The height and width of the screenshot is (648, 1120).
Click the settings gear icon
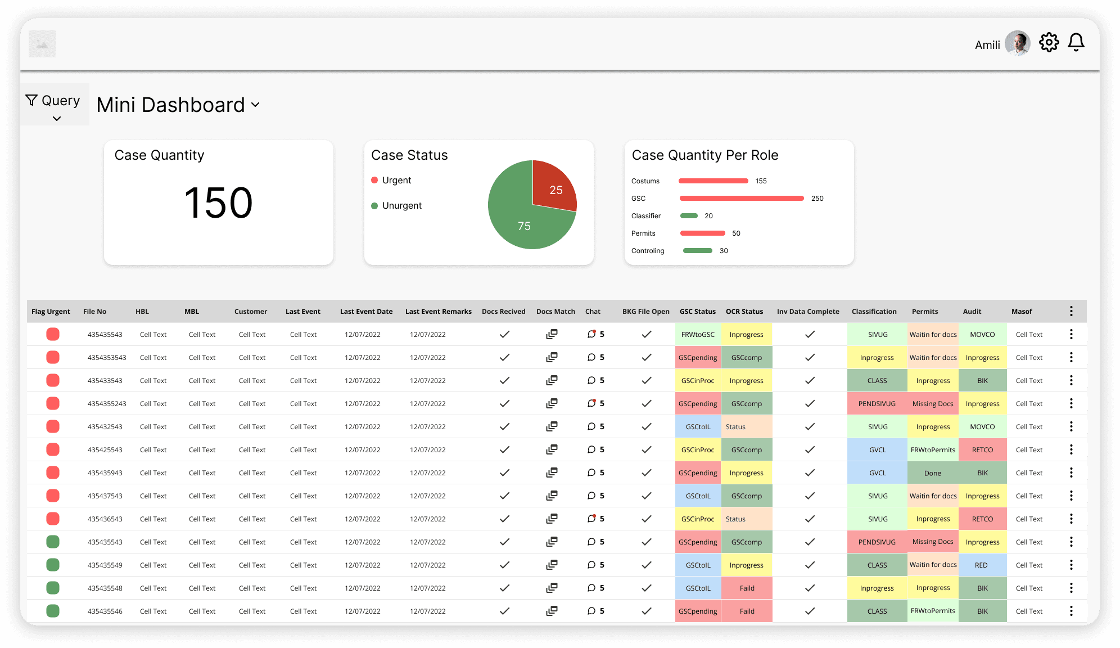pyautogui.click(x=1049, y=42)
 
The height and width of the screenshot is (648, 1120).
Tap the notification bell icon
pyautogui.click(x=1076, y=42)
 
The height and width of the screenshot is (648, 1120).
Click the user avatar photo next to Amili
pyautogui.click(x=1017, y=43)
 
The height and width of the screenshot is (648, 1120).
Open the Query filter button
pyautogui.click(x=54, y=105)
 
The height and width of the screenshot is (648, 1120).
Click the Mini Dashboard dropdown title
pyautogui.click(x=178, y=105)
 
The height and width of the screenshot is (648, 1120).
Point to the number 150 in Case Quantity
pyautogui.click(x=218, y=202)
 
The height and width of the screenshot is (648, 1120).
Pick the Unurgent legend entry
pyautogui.click(x=396, y=206)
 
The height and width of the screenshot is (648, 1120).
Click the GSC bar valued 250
pyautogui.click(x=742, y=199)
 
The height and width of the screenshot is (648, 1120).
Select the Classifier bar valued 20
pyautogui.click(x=689, y=216)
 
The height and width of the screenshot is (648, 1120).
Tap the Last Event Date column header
pyautogui.click(x=366, y=312)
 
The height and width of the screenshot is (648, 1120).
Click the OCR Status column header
pyautogui.click(x=744, y=312)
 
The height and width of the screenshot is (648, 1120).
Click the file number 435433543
pyautogui.click(x=105, y=381)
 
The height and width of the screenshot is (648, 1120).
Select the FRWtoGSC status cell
pyautogui.click(x=698, y=335)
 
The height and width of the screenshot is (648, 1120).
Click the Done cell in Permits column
pyautogui.click(x=933, y=473)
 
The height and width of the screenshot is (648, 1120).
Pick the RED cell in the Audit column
pyautogui.click(x=982, y=565)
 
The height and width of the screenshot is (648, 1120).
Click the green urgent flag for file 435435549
pyautogui.click(x=53, y=565)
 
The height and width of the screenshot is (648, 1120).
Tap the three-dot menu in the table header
pyautogui.click(x=1071, y=312)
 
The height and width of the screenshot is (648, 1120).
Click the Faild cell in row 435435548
pyautogui.click(x=747, y=588)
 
